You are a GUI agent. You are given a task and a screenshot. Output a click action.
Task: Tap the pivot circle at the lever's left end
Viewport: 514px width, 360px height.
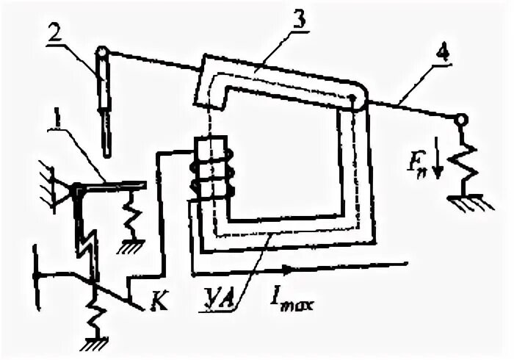tap(102, 53)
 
